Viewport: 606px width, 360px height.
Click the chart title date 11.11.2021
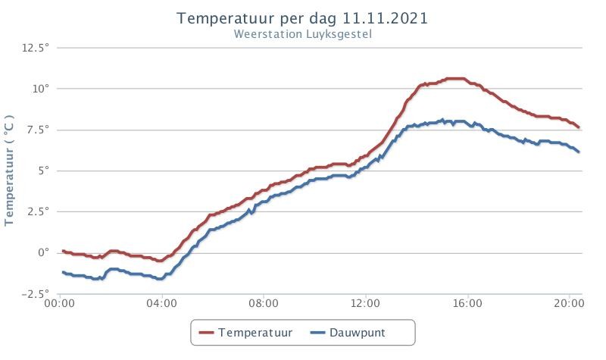pyautogui.click(x=385, y=18)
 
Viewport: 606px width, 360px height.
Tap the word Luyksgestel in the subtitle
pyautogui.click(x=339, y=34)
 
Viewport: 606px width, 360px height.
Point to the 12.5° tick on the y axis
pyautogui.click(x=36, y=48)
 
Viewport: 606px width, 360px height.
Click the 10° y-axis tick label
pyautogui.click(x=41, y=89)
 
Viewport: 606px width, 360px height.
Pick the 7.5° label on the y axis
pyautogui.click(x=39, y=130)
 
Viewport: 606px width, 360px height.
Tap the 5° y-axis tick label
pyautogui.click(x=44, y=171)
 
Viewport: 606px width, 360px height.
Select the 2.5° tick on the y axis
pyautogui.click(x=39, y=211)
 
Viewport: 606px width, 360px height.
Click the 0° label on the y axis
pyautogui.click(x=44, y=253)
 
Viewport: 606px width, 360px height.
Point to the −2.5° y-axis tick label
pyautogui.click(x=36, y=294)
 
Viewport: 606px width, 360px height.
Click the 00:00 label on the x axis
pyautogui.click(x=60, y=303)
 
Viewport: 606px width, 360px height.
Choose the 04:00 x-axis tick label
pyautogui.click(x=161, y=303)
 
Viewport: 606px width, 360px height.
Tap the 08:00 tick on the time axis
pyautogui.click(x=264, y=303)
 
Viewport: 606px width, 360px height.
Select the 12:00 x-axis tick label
pyautogui.click(x=365, y=303)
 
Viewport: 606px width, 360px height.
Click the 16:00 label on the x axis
pyautogui.click(x=467, y=303)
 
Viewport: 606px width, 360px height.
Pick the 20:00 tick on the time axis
pyautogui.click(x=569, y=303)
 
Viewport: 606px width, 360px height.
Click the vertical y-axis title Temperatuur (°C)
pyautogui.click(x=9, y=170)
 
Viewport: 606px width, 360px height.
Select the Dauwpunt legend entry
pyautogui.click(x=348, y=333)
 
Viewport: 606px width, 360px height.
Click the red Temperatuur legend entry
pyautogui.click(x=245, y=333)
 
